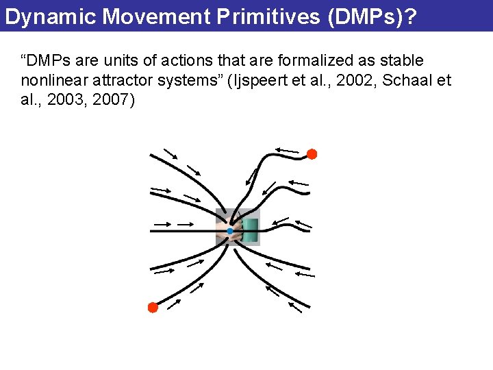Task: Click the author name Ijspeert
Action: (268, 81)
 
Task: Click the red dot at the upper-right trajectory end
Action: (312, 154)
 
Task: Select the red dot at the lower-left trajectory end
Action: (153, 308)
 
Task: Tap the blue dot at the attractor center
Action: (230, 232)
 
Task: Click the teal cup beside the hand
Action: (250, 230)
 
